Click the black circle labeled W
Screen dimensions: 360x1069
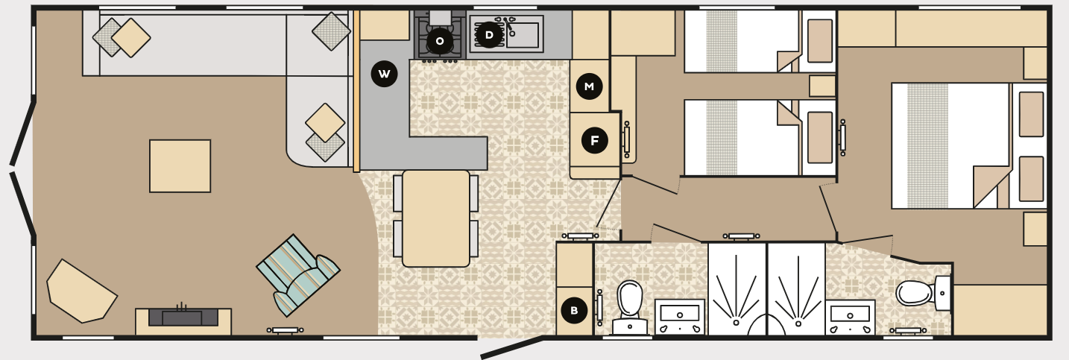(x=384, y=74)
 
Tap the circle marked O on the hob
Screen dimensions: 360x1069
(x=439, y=41)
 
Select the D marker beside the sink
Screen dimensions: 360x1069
(x=489, y=34)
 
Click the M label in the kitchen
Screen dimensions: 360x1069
(x=589, y=86)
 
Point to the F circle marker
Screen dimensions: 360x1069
(x=594, y=140)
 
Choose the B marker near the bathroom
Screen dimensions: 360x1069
(x=573, y=311)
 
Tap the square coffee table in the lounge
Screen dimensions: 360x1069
(x=180, y=165)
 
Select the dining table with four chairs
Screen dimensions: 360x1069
(x=436, y=218)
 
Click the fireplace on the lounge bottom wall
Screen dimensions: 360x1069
(x=183, y=318)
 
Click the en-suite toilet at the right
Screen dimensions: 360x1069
(x=917, y=293)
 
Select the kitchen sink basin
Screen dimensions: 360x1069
(x=524, y=34)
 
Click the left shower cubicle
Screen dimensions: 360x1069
(x=737, y=291)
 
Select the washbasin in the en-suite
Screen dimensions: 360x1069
(x=850, y=317)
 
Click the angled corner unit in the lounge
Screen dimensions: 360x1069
(x=81, y=291)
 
